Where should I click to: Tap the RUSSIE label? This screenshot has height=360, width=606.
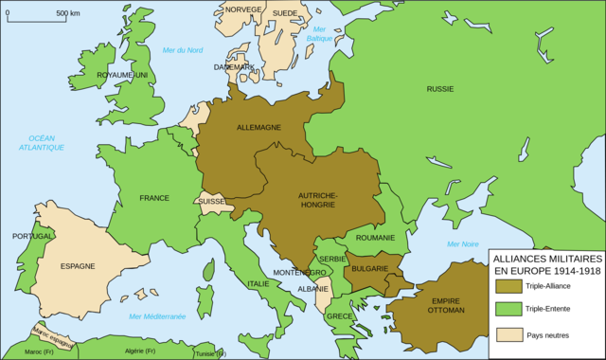pyautogui.click(x=440, y=89)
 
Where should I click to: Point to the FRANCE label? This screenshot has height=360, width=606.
pyautogui.click(x=153, y=198)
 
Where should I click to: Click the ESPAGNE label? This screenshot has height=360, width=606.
pyautogui.click(x=78, y=266)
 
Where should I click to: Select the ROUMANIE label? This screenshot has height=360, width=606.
pyautogui.click(x=376, y=238)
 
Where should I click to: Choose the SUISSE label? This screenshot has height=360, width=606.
pyautogui.click(x=210, y=202)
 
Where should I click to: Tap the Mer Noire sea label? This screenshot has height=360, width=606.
pyautogui.click(x=463, y=243)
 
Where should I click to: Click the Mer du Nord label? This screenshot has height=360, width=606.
pyautogui.click(x=183, y=49)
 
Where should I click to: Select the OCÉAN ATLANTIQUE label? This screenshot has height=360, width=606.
pyautogui.click(x=45, y=142)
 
